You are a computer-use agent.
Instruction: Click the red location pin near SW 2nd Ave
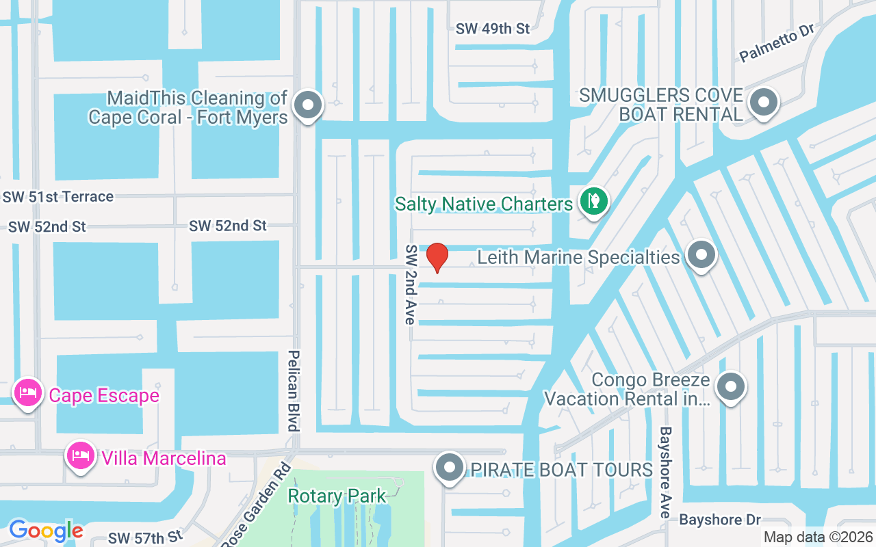pos(437,257)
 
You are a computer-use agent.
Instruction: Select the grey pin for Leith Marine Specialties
pos(700,256)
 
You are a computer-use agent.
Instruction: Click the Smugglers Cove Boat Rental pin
pos(763,103)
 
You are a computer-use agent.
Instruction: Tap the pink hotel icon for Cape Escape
pos(27,394)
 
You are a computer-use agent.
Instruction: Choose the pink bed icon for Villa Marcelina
pos(80,455)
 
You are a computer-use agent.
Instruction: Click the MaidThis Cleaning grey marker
pos(307,106)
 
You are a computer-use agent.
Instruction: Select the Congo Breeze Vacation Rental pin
pos(730,387)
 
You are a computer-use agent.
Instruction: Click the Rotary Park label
pos(337,496)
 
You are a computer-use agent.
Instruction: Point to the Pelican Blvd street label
pos(294,390)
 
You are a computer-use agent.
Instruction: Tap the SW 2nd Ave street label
pos(411,284)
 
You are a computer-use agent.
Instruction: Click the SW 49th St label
pos(493,29)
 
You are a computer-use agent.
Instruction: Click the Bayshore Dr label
pos(720,520)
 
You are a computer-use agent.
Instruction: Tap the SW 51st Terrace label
pos(57,197)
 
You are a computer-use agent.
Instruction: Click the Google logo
pos(46,530)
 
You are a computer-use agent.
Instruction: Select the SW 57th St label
pos(146,537)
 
